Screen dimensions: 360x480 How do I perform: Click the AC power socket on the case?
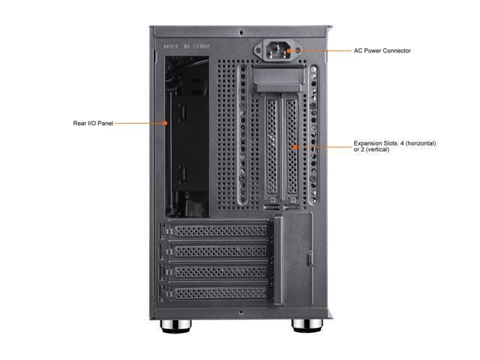278,51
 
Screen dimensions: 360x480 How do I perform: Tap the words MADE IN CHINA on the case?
187,46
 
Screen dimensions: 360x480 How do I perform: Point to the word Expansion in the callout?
369,143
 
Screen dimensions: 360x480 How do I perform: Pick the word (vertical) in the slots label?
376,150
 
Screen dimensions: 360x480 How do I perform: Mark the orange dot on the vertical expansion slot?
294,146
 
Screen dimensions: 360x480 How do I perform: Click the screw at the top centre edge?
239,32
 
